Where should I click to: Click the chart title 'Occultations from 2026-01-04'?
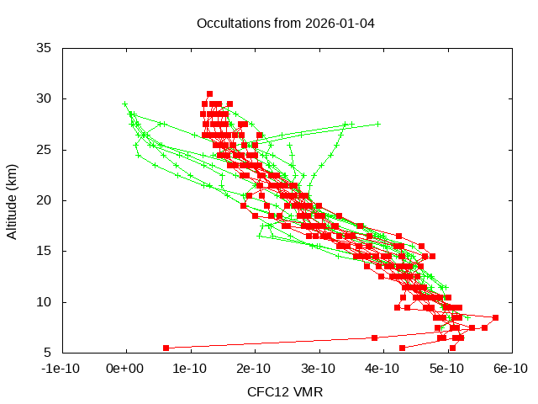[285, 23]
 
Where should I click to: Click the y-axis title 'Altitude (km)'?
[13, 200]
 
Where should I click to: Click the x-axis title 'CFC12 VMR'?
[285, 392]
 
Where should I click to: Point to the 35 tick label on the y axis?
[44, 48]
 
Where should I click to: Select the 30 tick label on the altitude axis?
[44, 98]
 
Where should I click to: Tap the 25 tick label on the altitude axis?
[44, 150]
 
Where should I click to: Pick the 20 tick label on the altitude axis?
[44, 200]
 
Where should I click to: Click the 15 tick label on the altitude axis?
[44, 251]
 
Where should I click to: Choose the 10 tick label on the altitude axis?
[44, 302]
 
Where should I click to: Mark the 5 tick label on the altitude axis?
[47, 353]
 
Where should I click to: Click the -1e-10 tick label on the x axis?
[61, 369]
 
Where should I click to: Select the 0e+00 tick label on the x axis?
[126, 369]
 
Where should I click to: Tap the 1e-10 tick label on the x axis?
[190, 369]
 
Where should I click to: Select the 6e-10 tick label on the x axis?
[509, 369]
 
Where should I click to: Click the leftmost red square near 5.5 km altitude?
[166, 348]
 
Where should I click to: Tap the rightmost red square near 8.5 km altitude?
[496, 317]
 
